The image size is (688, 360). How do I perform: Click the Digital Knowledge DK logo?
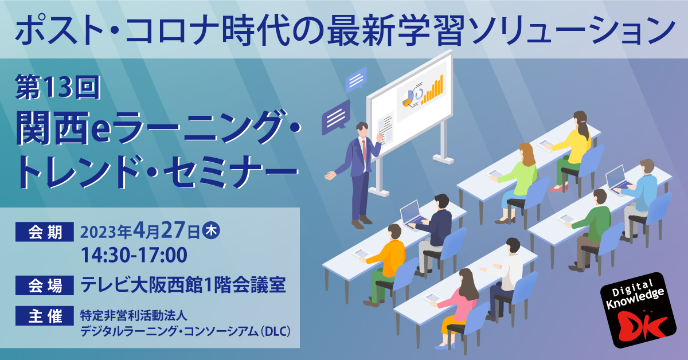pyautogui.click(x=638, y=310)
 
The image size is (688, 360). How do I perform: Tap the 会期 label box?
pyautogui.click(x=45, y=232)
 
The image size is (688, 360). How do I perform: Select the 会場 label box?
pyautogui.click(x=45, y=285)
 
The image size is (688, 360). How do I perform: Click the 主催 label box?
pyautogui.click(x=45, y=316)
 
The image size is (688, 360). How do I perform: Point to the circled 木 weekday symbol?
pyautogui.click(x=211, y=231)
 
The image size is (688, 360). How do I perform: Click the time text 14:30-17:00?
pyautogui.click(x=134, y=255)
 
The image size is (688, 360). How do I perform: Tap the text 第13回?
pyautogui.click(x=58, y=88)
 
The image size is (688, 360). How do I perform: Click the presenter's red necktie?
pyautogui.click(x=364, y=151)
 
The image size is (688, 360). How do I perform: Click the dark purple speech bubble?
pyautogui.click(x=336, y=117)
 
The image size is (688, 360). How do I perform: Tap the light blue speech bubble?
pyautogui.click(x=356, y=80)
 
